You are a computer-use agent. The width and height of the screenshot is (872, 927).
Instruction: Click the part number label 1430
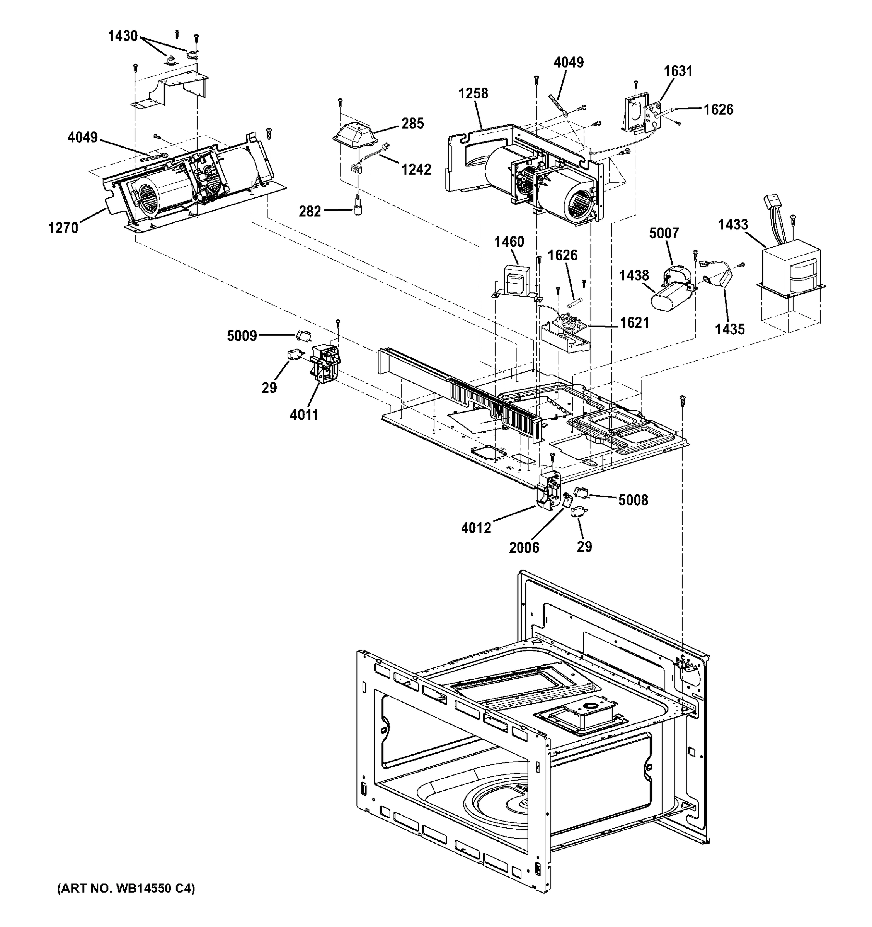123,36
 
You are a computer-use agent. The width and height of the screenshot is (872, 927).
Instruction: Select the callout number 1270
63,228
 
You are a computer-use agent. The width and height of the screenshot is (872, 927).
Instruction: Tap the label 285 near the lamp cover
412,124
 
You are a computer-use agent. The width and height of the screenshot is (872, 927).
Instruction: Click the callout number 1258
473,94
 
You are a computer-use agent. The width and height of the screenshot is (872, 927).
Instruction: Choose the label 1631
678,71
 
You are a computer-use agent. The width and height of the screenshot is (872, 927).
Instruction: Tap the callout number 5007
664,233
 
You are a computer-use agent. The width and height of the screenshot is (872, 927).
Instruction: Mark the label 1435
730,329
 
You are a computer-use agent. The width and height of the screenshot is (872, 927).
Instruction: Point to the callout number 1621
634,323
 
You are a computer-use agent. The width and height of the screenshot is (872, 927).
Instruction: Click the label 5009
242,336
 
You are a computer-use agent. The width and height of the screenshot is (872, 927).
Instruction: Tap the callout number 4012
476,528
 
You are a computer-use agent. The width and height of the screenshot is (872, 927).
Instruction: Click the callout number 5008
633,500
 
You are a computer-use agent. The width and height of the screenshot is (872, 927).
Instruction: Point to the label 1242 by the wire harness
416,169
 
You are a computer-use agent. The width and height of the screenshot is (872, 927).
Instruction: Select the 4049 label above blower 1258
568,63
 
